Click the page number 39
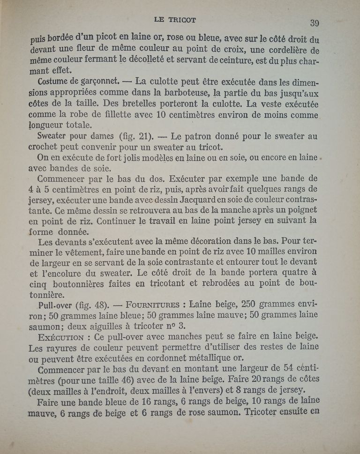(314, 22)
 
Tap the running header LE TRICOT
(175, 20)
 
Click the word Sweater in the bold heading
(52, 136)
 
